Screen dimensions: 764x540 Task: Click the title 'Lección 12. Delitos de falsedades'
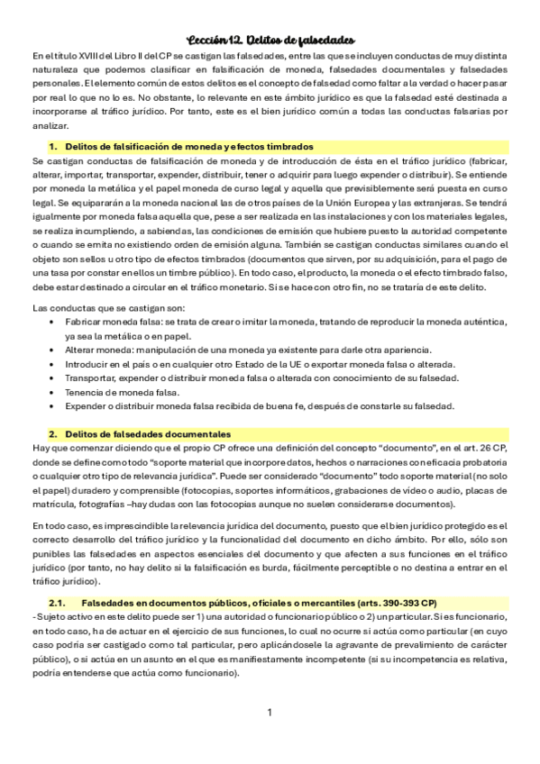point(270,40)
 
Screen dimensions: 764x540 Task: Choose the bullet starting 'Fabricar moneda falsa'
point(104,322)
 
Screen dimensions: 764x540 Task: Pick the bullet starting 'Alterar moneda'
point(98,350)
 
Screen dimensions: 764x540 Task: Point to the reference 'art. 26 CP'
point(483,448)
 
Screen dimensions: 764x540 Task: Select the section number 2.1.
point(57,602)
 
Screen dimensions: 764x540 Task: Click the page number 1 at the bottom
point(270,713)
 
